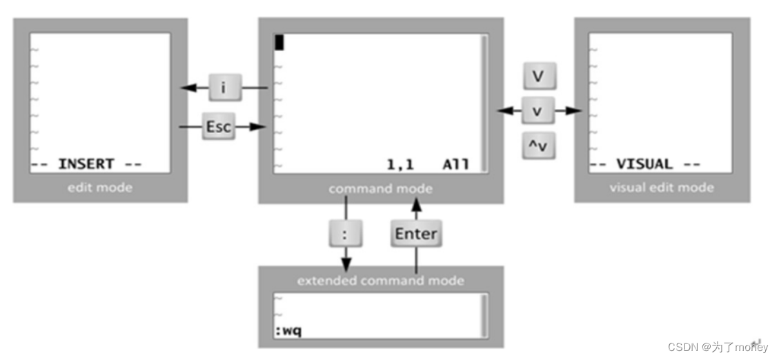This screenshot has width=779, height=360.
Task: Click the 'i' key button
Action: pyautogui.click(x=223, y=88)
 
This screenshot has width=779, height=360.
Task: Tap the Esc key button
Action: pyautogui.click(x=218, y=127)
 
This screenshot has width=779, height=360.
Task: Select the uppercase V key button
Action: pyautogui.click(x=539, y=76)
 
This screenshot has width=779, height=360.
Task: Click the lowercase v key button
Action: pyautogui.click(x=539, y=110)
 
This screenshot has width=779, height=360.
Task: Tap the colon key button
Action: pyautogui.click(x=346, y=233)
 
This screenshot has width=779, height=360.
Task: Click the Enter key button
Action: pyautogui.click(x=415, y=233)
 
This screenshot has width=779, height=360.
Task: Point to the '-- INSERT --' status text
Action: pyautogui.click(x=86, y=164)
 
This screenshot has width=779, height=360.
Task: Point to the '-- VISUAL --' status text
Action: pyautogui.click(x=644, y=164)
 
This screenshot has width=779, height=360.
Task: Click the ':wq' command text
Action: pyautogui.click(x=288, y=331)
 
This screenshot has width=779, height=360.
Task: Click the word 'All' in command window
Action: pyautogui.click(x=456, y=164)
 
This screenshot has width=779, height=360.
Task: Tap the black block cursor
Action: pyautogui.click(x=279, y=42)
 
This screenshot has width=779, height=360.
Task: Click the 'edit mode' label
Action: pyautogui.click(x=100, y=187)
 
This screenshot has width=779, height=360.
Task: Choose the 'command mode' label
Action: pyautogui.click(x=380, y=188)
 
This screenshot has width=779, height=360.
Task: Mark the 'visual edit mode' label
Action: pyautogui.click(x=662, y=187)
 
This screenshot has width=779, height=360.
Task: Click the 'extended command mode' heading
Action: pyautogui.click(x=380, y=281)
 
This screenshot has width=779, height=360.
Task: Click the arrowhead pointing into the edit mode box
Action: pyautogui.click(x=184, y=88)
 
